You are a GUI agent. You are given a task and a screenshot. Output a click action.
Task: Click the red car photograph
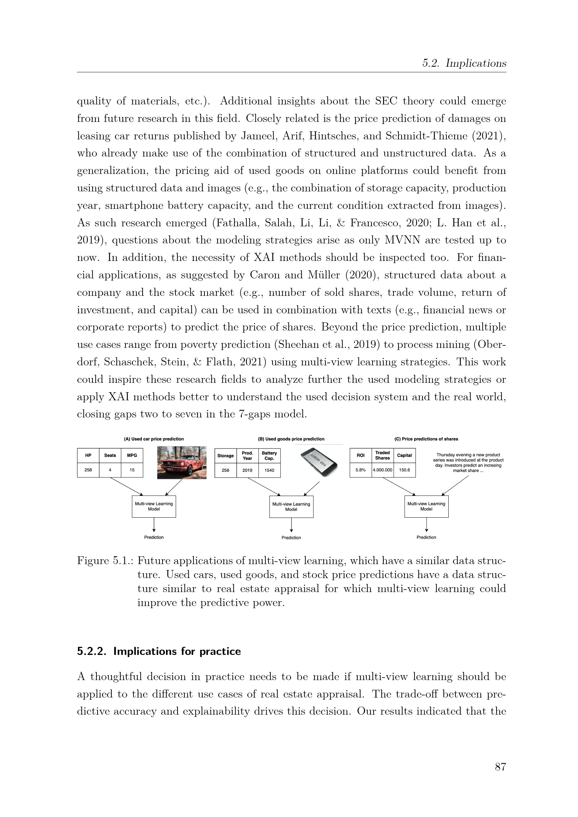[x=181, y=462]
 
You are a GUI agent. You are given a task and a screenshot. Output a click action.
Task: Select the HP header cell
[x=88, y=455]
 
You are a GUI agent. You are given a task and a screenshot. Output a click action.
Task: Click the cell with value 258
[x=88, y=470]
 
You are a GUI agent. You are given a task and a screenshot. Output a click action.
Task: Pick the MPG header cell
[x=132, y=455]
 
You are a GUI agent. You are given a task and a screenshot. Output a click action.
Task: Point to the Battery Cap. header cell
[x=269, y=456]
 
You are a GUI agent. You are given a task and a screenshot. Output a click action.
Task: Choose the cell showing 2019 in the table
[x=247, y=470]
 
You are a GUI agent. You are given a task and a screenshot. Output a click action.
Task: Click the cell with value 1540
[x=269, y=470]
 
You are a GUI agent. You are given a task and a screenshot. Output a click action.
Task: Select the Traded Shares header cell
[x=383, y=455]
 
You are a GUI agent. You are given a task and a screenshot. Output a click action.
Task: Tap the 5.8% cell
[x=361, y=470]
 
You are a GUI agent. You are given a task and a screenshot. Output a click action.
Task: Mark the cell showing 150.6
[x=404, y=470]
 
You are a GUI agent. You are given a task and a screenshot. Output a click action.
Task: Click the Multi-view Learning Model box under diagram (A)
[x=154, y=506]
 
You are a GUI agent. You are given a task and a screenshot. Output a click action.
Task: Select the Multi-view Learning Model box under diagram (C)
[x=426, y=506]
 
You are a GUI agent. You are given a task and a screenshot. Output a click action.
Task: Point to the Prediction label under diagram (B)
[x=291, y=538]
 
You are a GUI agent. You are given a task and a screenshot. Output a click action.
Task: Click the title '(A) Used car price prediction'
[x=154, y=439]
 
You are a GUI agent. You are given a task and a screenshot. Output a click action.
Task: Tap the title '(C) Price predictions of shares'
[x=426, y=439]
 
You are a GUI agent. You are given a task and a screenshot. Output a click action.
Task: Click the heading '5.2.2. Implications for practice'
[x=159, y=651]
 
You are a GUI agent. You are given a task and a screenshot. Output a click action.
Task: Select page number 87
[x=500, y=766]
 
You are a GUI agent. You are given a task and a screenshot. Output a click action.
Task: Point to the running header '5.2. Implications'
[x=464, y=63]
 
